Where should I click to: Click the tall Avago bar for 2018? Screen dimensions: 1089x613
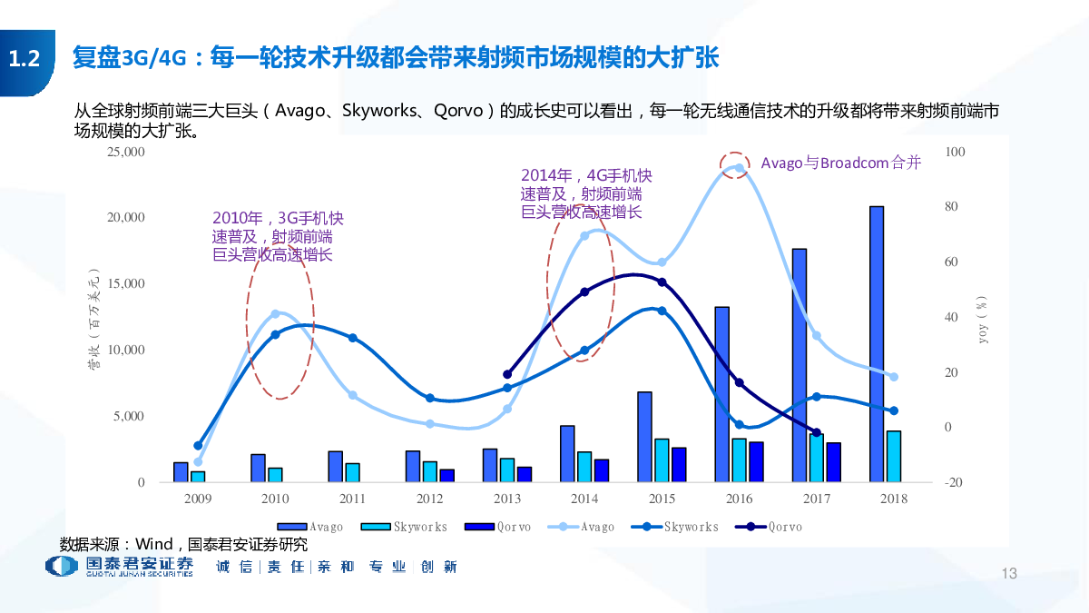(877, 344)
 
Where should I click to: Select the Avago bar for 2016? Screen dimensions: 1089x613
(722, 394)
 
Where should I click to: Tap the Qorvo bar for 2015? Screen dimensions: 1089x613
(679, 465)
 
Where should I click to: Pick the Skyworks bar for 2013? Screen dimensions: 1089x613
(507, 470)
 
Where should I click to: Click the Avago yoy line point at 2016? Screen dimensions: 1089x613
(739, 168)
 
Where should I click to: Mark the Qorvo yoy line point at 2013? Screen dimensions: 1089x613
(507, 374)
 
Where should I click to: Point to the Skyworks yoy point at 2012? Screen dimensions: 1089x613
(430, 399)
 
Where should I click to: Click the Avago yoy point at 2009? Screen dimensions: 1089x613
(198, 461)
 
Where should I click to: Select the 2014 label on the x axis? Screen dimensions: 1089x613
(584, 499)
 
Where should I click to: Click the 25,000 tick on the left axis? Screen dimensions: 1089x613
(126, 152)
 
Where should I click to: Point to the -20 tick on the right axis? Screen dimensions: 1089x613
(954, 482)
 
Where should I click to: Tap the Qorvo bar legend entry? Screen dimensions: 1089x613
(497, 527)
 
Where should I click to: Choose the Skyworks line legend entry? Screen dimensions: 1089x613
(674, 527)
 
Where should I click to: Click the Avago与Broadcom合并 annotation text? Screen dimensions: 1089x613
(841, 163)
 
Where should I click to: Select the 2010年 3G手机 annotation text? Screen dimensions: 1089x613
(278, 236)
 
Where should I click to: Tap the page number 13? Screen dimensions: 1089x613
(1009, 573)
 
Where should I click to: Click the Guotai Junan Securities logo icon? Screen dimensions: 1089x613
(62, 566)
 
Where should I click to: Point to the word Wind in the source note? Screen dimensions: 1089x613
(153, 544)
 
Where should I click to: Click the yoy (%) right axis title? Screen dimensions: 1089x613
(983, 319)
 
